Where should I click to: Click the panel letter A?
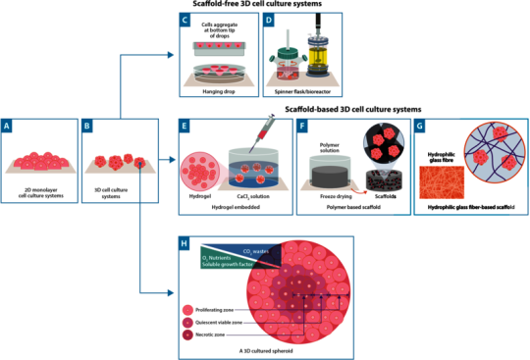click(8, 127)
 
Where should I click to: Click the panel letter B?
click(88, 127)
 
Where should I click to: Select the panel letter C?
click(185, 20)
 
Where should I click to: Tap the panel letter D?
click(269, 20)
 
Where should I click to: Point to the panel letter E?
click(185, 127)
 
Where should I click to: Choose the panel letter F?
click(302, 127)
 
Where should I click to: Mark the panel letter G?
click(420, 127)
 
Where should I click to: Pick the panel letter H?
click(184, 242)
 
